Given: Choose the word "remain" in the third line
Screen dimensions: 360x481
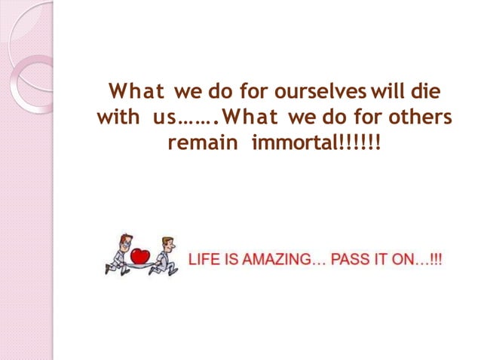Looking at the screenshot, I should pyautogui.click(x=198, y=142).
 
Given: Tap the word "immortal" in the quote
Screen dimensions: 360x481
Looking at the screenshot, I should pyautogui.click(x=285, y=142).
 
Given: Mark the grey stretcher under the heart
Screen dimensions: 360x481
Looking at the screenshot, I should pyautogui.click(x=144, y=264).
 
